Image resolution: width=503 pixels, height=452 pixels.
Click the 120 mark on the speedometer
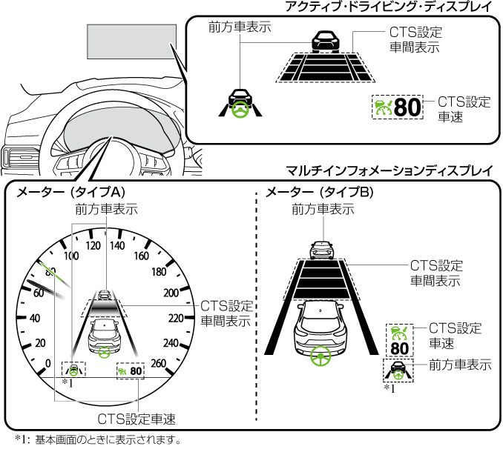[x=93, y=245]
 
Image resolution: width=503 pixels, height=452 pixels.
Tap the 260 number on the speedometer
[x=180, y=362]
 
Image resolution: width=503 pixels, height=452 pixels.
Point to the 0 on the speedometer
[x=48, y=362]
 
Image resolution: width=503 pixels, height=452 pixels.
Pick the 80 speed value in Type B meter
[x=399, y=348]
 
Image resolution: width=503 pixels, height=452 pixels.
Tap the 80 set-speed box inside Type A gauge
[x=130, y=370]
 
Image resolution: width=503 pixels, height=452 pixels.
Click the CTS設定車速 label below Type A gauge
[x=137, y=419]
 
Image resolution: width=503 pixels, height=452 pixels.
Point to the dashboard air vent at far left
[x=14, y=158]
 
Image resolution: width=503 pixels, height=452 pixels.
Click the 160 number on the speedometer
[x=141, y=257]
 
